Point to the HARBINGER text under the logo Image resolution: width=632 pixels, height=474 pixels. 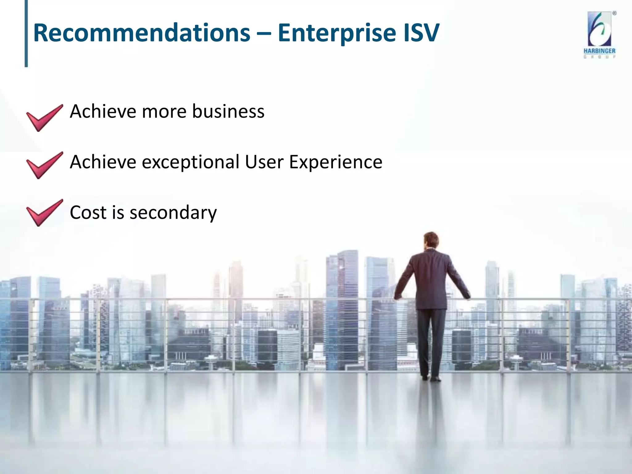(x=599, y=51)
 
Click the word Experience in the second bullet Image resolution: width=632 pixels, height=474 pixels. (x=335, y=162)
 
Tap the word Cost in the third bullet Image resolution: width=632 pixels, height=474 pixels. (x=88, y=213)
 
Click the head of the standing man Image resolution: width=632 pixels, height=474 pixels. (x=431, y=240)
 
